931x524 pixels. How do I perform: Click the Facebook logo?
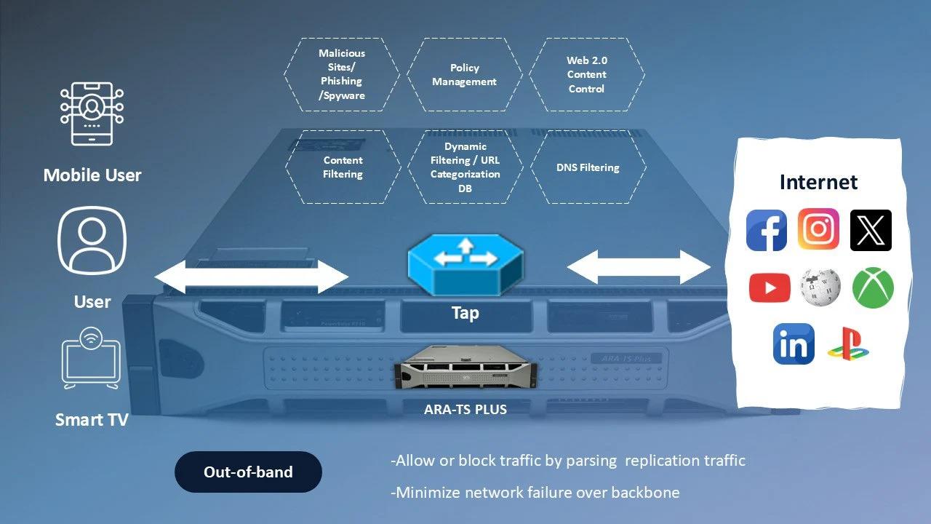[767, 231]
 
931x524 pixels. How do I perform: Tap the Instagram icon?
[818, 230]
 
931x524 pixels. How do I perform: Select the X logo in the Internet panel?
[871, 231]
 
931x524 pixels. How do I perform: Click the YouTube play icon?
[770, 287]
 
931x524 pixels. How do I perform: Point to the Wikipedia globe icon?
[820, 287]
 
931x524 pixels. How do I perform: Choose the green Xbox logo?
[873, 287]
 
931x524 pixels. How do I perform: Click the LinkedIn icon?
[794, 344]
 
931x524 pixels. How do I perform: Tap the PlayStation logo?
[849, 344]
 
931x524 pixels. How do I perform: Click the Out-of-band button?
[248, 472]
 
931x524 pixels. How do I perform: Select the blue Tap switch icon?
[465, 265]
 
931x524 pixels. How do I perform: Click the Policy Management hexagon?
[464, 75]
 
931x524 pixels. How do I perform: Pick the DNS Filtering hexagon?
[588, 167]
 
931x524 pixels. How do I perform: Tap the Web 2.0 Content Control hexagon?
[586, 75]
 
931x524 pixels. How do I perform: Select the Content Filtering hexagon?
[343, 167]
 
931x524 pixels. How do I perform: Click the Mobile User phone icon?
[92, 114]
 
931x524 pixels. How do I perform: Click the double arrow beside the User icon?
[252, 277]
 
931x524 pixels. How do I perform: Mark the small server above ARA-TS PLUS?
[465, 370]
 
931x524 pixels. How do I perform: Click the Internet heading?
[818, 182]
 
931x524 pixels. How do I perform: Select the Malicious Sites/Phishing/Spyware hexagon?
[341, 75]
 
